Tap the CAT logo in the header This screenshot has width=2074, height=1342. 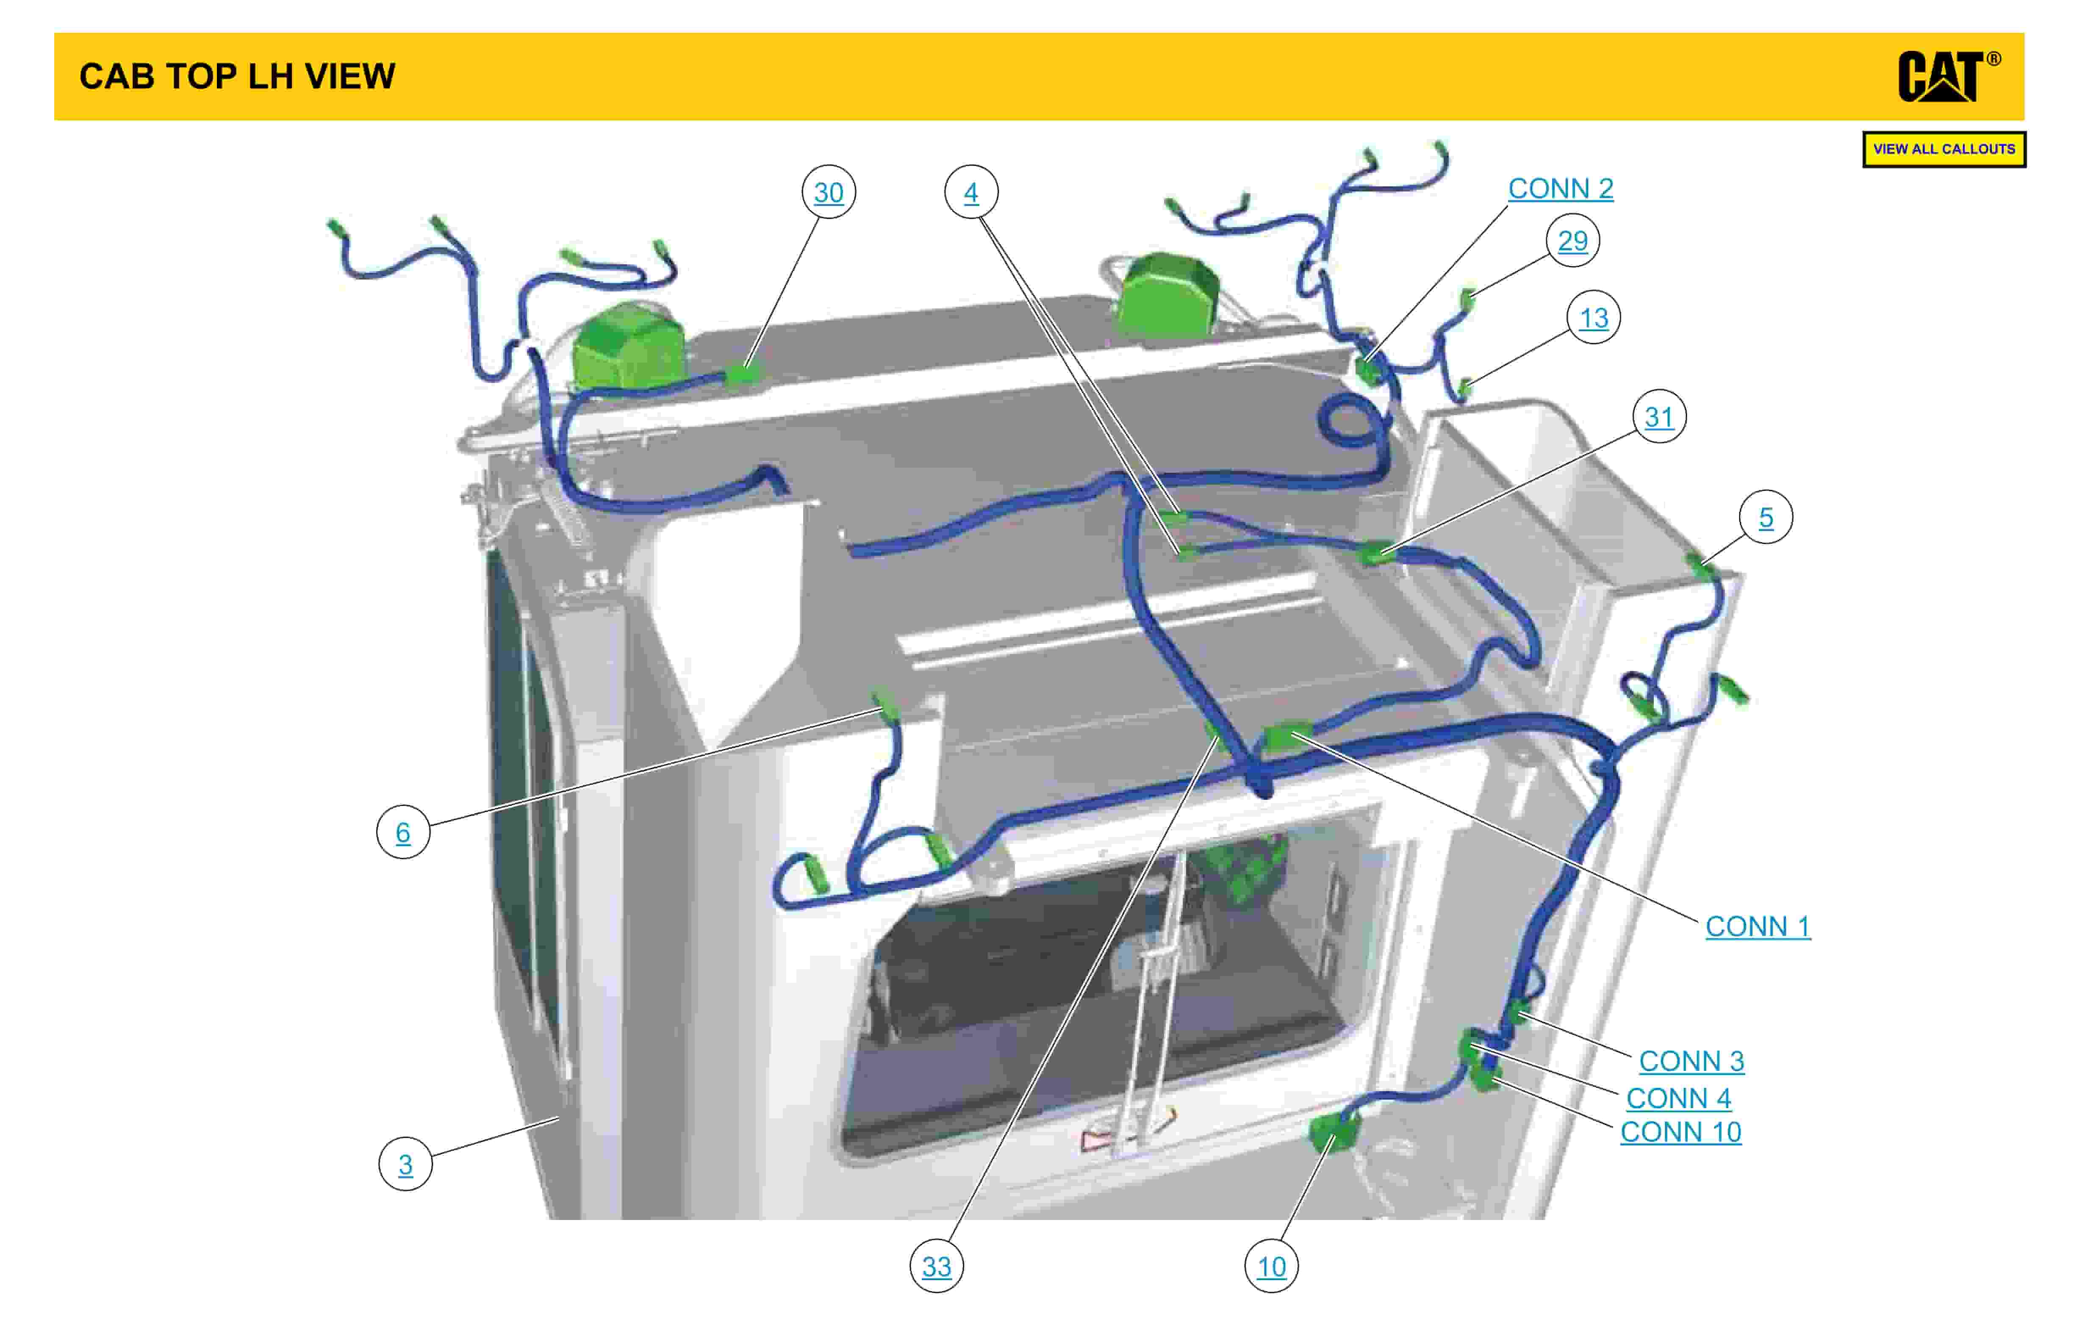(x=1949, y=77)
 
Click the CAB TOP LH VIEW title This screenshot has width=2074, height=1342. (x=237, y=77)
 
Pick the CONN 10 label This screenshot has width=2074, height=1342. (x=1680, y=1132)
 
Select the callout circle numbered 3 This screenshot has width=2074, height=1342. (x=405, y=1164)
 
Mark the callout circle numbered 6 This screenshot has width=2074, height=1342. (x=402, y=832)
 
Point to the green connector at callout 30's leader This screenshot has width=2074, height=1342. (x=743, y=373)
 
